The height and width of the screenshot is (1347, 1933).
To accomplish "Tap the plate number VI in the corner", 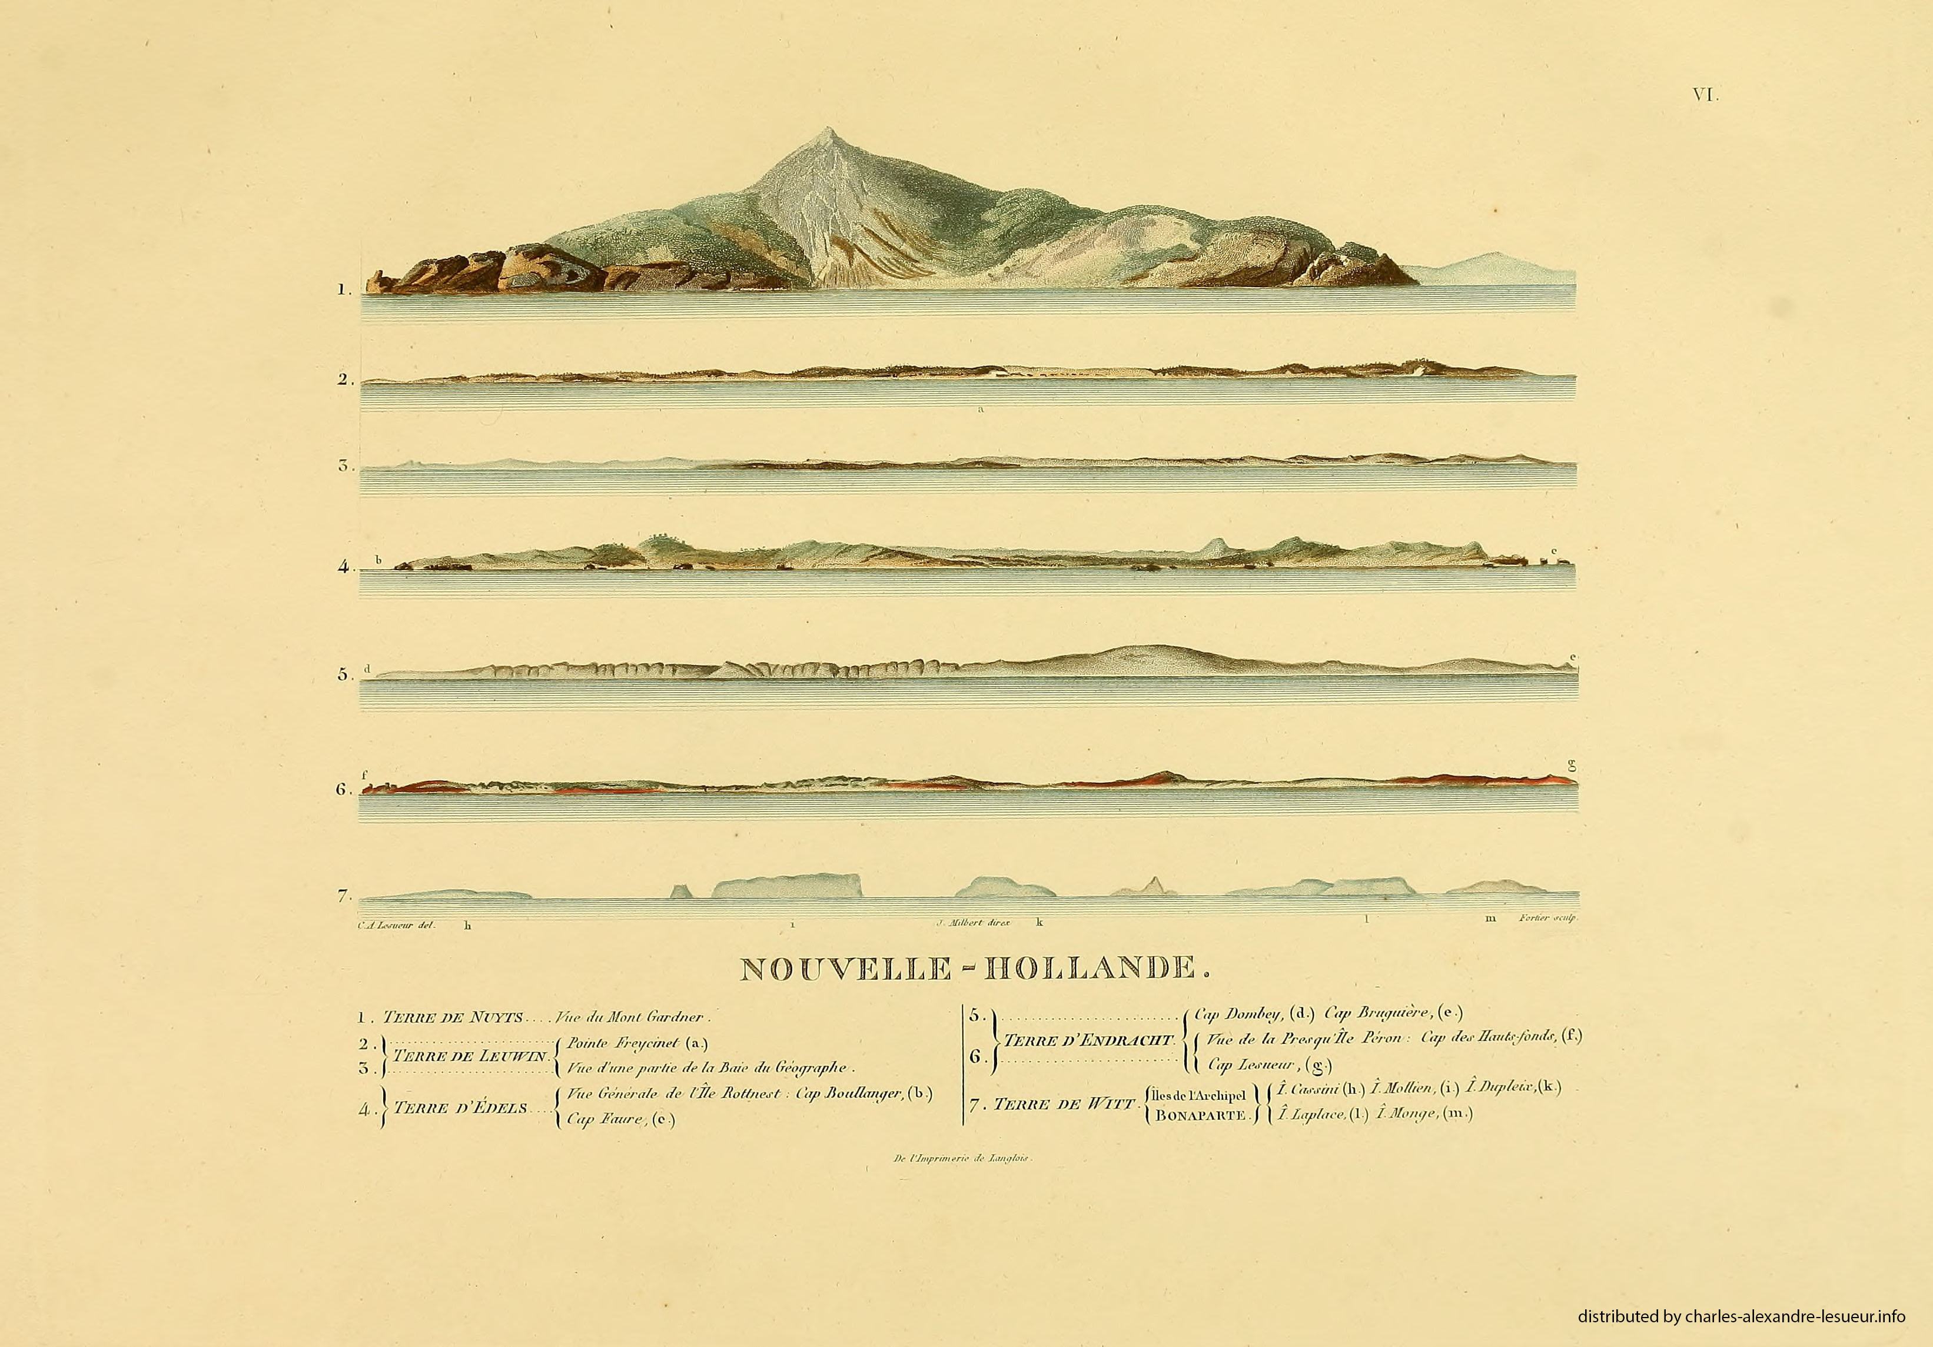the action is pyautogui.click(x=1705, y=96).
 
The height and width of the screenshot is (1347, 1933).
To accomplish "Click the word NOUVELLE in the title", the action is pyautogui.click(x=845, y=969).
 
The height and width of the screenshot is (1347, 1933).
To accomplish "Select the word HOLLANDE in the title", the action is pyautogui.click(x=1092, y=969).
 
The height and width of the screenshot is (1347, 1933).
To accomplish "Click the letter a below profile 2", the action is pyautogui.click(x=981, y=411).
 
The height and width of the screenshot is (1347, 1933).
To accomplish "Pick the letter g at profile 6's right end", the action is pyautogui.click(x=1571, y=765).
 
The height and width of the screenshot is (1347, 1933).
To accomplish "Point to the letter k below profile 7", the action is pyautogui.click(x=1039, y=922).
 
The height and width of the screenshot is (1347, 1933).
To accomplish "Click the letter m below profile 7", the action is pyautogui.click(x=1490, y=919).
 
